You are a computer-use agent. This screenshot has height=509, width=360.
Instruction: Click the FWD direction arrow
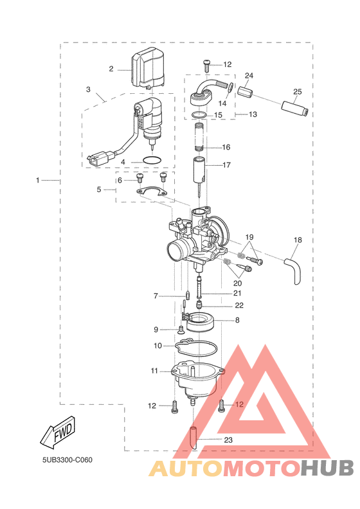pos(58,432)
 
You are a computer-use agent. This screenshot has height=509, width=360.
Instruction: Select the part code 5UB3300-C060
pos(67,460)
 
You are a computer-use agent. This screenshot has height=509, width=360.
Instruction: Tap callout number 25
pos(298,91)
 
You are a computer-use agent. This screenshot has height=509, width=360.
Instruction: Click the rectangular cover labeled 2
pos(147,67)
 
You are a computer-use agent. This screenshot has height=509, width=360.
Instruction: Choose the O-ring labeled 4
pos(152,161)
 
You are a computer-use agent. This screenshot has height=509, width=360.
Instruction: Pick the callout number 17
pos(226,165)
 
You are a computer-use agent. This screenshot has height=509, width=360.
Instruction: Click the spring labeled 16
pos(200,137)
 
